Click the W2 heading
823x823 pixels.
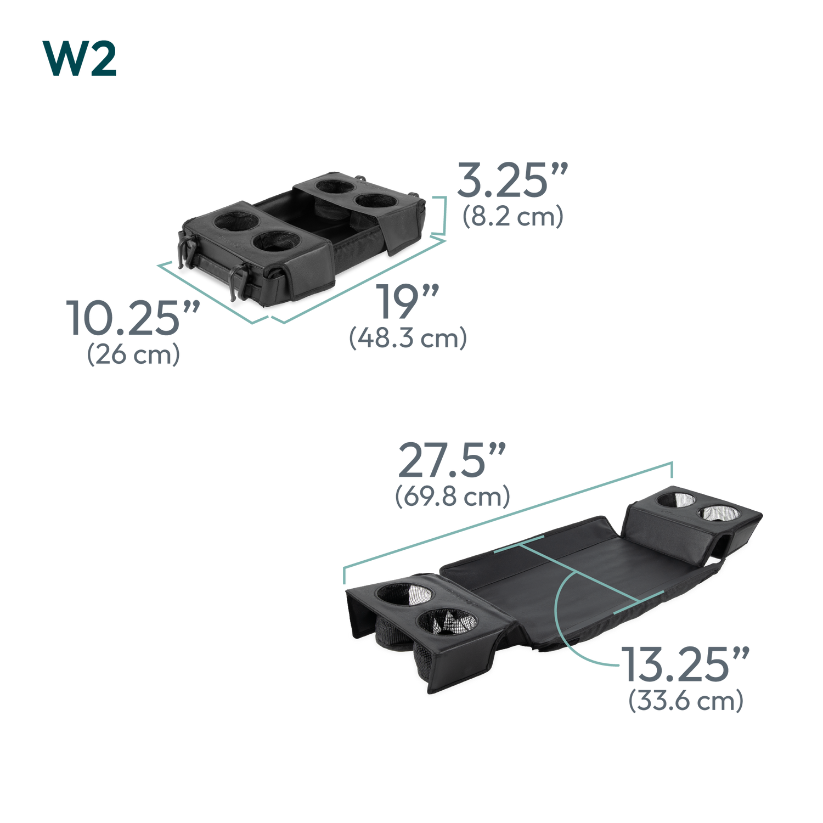tap(80, 59)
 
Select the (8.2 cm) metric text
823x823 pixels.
tap(513, 217)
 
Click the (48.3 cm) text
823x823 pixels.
tap(408, 338)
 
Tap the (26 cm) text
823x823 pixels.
tap(133, 354)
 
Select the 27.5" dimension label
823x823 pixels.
tap(452, 460)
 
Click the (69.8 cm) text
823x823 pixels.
tap(453, 497)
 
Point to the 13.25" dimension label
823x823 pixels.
tap(685, 664)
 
